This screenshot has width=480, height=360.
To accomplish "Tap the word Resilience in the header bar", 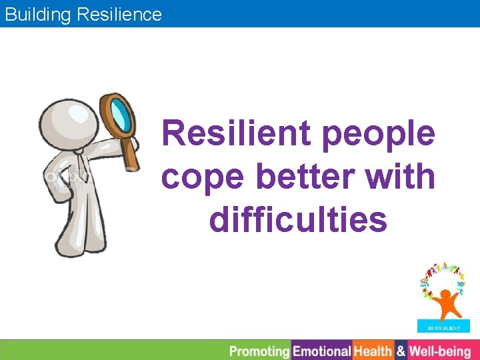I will pyautogui.click(x=119, y=14).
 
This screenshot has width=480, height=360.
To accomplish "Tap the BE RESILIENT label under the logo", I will pyautogui.click(x=444, y=328).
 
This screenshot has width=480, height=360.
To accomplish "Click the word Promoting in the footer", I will pyautogui.click(x=259, y=351).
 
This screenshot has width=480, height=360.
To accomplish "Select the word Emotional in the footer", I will pyautogui.click(x=322, y=351).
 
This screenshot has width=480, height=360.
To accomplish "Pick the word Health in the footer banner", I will pyautogui.click(x=373, y=351).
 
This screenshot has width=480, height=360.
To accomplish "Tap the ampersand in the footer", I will pyautogui.click(x=401, y=351).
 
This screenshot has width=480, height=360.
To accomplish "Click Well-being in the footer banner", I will pyautogui.click(x=439, y=351).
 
